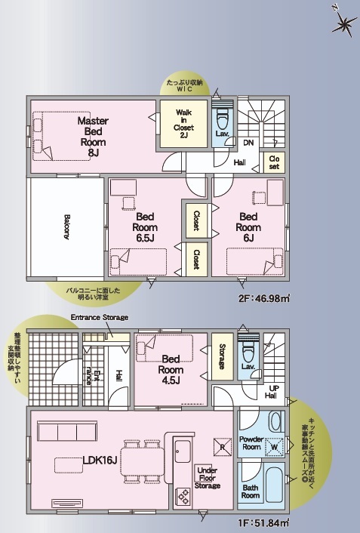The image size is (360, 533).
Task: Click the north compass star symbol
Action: pyautogui.click(x=344, y=23)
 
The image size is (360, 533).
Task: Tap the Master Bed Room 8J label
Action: pyautogui.click(x=93, y=137)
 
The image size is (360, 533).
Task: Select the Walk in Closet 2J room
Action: pyautogui.click(x=183, y=124)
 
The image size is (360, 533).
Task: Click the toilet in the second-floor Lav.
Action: pyautogui.click(x=223, y=117)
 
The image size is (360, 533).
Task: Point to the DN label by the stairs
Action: pyautogui.click(x=248, y=143)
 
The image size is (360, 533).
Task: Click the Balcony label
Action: pyautogui.click(x=66, y=226)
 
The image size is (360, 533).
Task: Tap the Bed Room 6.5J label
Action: pyautogui.click(x=145, y=227)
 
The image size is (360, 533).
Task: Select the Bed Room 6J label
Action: pyautogui.click(x=248, y=227)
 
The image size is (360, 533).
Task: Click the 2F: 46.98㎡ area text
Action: pyautogui.click(x=264, y=298)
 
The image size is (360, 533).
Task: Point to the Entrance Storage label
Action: pyautogui.click(x=100, y=317)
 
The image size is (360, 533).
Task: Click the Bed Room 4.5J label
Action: pyautogui.click(x=171, y=369)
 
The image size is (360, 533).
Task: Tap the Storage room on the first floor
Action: pyautogui.click(x=223, y=356)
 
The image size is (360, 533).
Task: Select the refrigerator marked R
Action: pyautogui.click(x=223, y=447)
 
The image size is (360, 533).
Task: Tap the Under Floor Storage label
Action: pyautogui.click(x=207, y=478)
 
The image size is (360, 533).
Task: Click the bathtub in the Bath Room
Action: pyautogui.click(x=274, y=485)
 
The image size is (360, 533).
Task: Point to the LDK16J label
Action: pyautogui.click(x=100, y=461)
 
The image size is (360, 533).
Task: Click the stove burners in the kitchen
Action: pyautogui.click(x=183, y=496)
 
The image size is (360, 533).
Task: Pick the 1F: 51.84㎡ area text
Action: pyautogui.click(x=264, y=522)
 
